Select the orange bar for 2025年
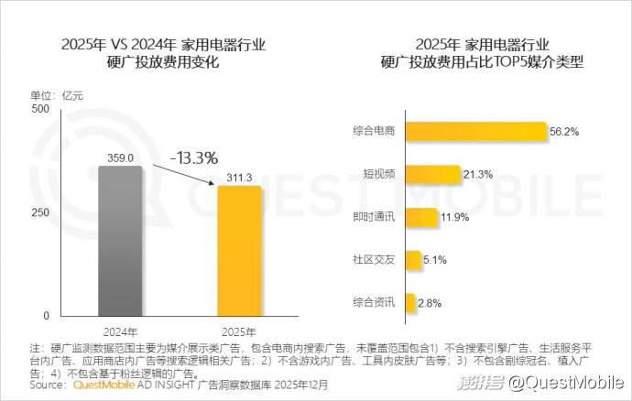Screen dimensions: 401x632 [239, 250]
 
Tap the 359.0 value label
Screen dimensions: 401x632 [120, 157]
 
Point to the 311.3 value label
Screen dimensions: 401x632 [239, 177]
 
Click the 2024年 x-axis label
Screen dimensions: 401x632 [120, 331]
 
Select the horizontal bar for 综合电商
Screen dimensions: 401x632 [475, 132]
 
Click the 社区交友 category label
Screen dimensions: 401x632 [374, 260]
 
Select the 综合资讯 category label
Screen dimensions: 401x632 [374, 302]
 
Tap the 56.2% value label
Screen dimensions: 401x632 [564, 132]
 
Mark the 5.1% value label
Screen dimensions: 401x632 [435, 260]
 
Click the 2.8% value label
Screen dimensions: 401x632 [429, 302]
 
